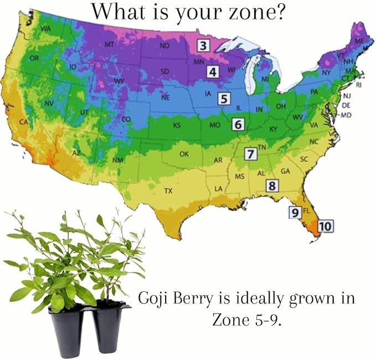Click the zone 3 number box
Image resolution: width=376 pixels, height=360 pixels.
(x=204, y=46)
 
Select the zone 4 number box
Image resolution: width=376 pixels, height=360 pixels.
(x=214, y=71)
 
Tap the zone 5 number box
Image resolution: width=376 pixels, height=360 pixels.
(x=223, y=99)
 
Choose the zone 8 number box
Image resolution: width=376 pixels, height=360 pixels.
(x=271, y=186)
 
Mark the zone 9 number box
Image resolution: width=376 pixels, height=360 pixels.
(x=295, y=212)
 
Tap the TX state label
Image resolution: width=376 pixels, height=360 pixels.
(x=168, y=191)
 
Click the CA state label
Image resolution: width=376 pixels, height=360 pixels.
(x=24, y=121)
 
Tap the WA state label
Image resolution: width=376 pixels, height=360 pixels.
(x=46, y=28)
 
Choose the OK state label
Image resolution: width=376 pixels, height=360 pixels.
(x=184, y=153)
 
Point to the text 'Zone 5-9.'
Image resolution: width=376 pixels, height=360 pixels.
(x=246, y=320)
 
